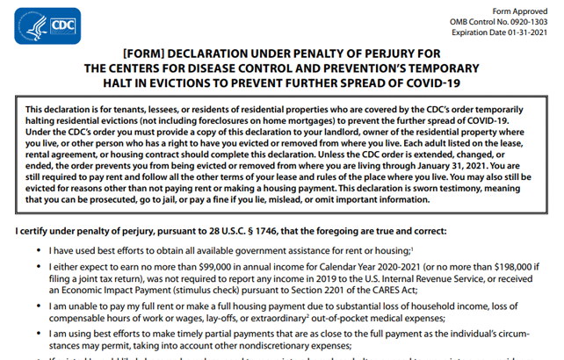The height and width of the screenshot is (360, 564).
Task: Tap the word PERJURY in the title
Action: click(x=393, y=54)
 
